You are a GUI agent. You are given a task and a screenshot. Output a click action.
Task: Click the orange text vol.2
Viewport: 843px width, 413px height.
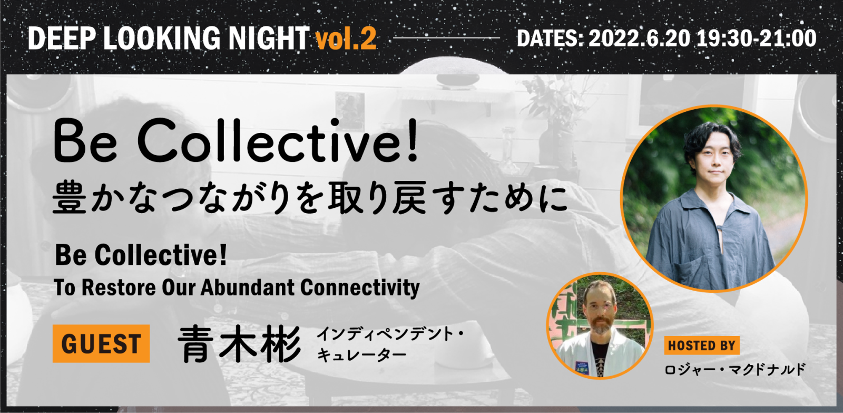pos(346,39)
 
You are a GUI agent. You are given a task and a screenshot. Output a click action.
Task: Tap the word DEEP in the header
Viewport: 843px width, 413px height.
pos(62,38)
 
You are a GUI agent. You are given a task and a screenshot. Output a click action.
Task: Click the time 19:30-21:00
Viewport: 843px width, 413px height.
pos(757,39)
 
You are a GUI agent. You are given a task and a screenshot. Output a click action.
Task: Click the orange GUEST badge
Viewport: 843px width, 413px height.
pos(101,344)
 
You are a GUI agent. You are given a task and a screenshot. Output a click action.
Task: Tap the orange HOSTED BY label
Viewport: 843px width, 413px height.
pos(702,345)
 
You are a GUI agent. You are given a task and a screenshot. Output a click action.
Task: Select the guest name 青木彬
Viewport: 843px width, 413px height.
pos(240,344)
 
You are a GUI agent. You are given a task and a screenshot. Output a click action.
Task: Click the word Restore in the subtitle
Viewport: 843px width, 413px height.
pos(119,287)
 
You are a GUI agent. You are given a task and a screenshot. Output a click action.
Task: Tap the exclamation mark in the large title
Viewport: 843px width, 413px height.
pos(413,140)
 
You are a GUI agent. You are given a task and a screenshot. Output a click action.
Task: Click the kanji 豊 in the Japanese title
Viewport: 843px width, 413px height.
pos(69,197)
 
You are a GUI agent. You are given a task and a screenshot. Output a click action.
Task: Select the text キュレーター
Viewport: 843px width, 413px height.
pos(361,354)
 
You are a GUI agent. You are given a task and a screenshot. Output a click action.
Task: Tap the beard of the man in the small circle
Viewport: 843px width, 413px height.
pos(601,324)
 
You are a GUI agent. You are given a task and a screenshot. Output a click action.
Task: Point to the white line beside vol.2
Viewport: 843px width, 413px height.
pos(446,38)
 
